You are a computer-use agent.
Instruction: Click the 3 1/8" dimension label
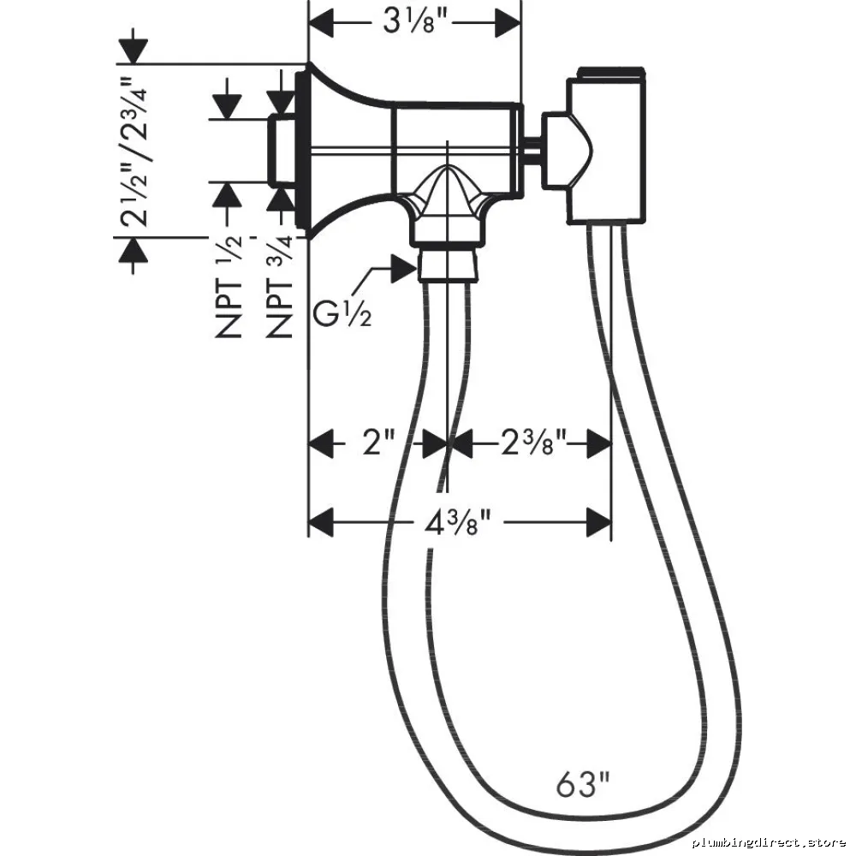(x=415, y=23)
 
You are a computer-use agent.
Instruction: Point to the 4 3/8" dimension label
(x=457, y=523)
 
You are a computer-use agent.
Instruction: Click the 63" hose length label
(x=582, y=784)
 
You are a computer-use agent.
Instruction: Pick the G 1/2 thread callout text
(x=342, y=314)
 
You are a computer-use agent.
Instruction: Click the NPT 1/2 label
(x=229, y=286)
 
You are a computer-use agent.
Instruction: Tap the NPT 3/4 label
(x=279, y=286)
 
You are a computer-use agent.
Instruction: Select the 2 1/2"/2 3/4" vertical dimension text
(x=134, y=152)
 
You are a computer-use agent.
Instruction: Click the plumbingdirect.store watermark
(x=770, y=842)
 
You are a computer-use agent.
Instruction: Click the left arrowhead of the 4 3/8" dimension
(x=321, y=522)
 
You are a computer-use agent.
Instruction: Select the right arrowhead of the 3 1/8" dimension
(x=508, y=23)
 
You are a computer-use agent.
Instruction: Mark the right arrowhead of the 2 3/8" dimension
(x=598, y=443)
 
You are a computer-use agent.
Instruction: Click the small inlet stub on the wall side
(x=282, y=150)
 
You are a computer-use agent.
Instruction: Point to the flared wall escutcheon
(x=344, y=150)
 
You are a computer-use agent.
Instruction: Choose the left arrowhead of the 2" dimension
(x=321, y=443)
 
